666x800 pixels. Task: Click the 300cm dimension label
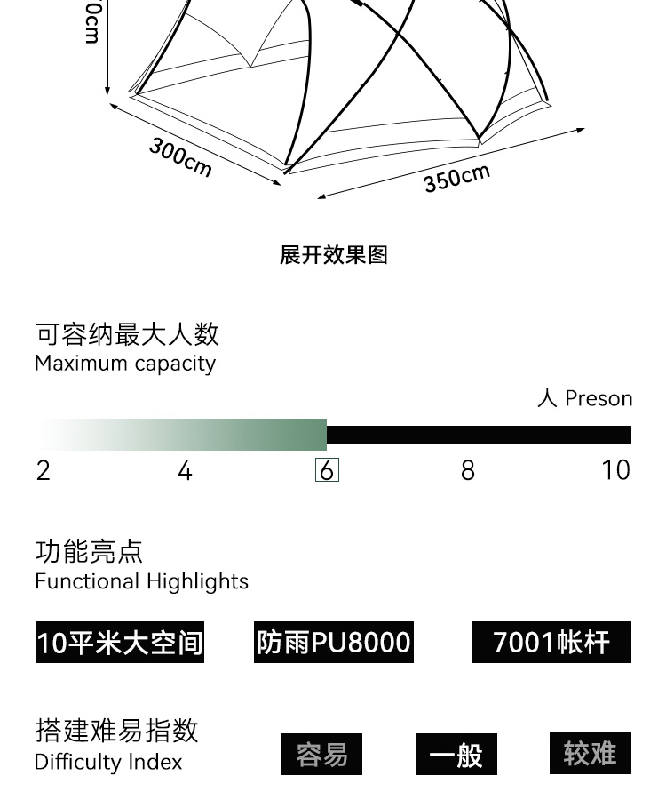(180, 157)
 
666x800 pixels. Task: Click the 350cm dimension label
(456, 177)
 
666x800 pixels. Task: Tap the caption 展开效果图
(334, 255)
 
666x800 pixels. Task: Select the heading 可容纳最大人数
(127, 334)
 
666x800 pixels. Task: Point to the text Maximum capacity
(125, 364)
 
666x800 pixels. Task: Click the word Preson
(599, 398)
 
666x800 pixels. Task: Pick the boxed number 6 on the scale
(327, 470)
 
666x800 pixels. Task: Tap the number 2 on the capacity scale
(43, 470)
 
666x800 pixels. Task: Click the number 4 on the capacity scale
(185, 470)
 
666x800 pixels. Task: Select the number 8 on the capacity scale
(468, 470)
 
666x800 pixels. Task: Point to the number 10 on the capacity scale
(615, 470)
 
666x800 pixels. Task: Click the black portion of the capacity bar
(479, 435)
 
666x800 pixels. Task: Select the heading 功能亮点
(89, 551)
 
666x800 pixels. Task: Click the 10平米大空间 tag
(120, 642)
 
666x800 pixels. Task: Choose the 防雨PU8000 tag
(334, 642)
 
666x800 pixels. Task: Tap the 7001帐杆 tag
(551, 642)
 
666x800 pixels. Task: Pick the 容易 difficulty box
(321, 755)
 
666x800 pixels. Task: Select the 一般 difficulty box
(456, 755)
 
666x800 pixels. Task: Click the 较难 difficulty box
(590, 754)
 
